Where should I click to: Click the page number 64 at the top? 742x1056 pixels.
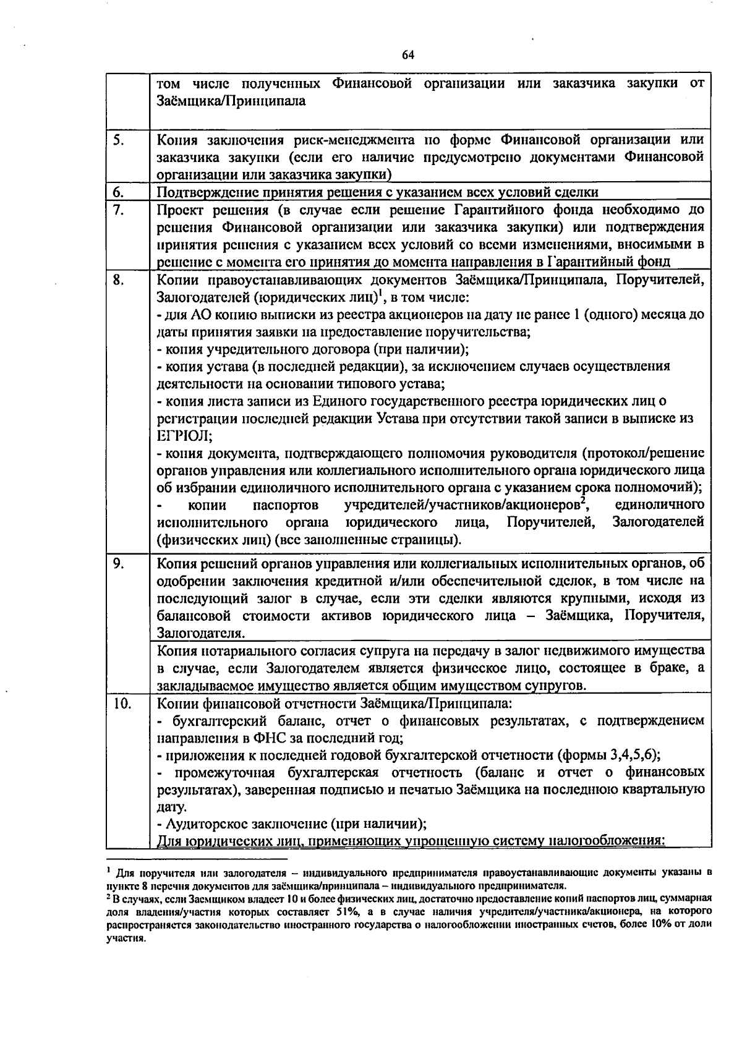coord(407,55)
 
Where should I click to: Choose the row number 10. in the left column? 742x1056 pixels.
coord(123,703)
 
